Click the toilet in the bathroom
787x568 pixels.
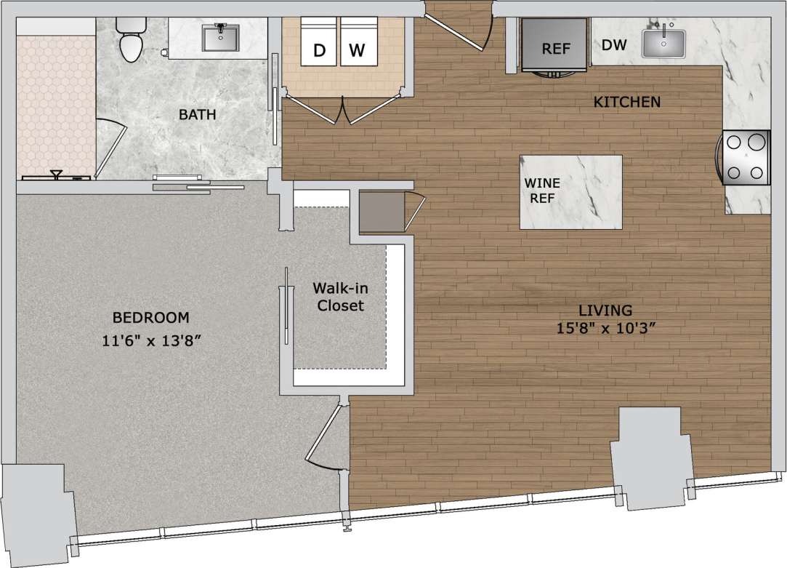point(132,39)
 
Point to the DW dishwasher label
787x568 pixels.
point(614,45)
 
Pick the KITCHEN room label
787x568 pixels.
point(627,102)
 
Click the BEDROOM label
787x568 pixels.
point(150,318)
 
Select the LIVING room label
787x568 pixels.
point(601,308)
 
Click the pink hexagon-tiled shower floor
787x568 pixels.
point(52,102)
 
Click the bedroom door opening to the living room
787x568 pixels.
point(327,436)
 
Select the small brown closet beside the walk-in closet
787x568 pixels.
point(382,212)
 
